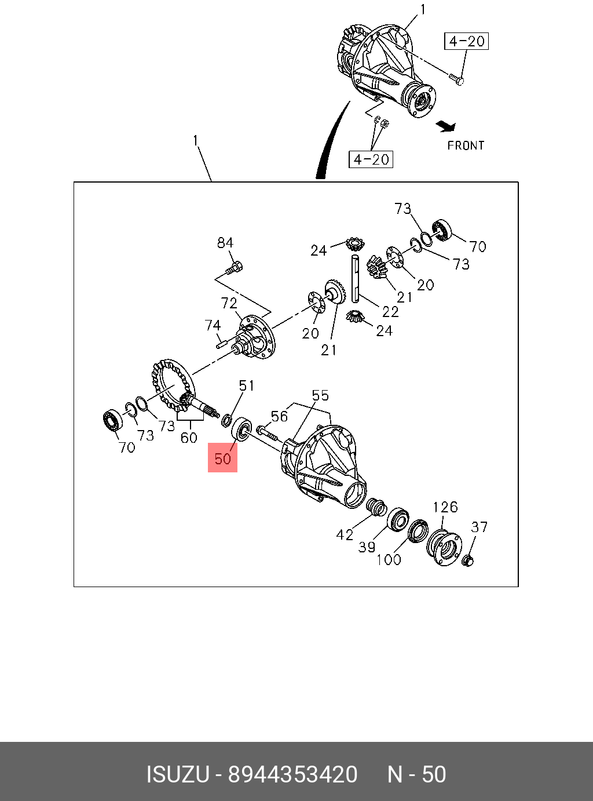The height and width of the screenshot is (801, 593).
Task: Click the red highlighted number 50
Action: pyautogui.click(x=223, y=458)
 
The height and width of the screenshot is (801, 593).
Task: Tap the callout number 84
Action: pyautogui.click(x=225, y=243)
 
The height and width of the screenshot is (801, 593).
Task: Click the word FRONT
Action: pyautogui.click(x=466, y=145)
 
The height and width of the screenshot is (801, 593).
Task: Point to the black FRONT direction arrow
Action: pyautogui.click(x=446, y=125)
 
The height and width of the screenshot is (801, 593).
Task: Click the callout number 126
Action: pyautogui.click(x=445, y=507)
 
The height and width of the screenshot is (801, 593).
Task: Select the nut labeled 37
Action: pyautogui.click(x=468, y=560)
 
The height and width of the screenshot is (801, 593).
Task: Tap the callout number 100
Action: pyautogui.click(x=389, y=559)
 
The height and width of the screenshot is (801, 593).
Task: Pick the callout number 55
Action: pyautogui.click(x=320, y=395)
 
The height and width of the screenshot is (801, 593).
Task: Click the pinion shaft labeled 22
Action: pyautogui.click(x=355, y=278)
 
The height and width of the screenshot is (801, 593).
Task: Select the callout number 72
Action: pyautogui.click(x=229, y=303)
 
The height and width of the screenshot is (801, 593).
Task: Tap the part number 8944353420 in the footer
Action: pyautogui.click(x=293, y=774)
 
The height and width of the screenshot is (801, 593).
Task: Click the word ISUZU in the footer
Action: pyautogui.click(x=177, y=774)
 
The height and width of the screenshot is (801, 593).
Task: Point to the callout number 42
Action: pyautogui.click(x=345, y=534)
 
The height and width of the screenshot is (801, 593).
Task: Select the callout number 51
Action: pyautogui.click(x=247, y=385)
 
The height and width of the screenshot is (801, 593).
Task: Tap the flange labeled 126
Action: pyautogui.click(x=444, y=545)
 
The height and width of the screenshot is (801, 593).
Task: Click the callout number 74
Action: pyautogui.click(x=213, y=326)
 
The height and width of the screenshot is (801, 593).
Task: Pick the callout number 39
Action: pyautogui.click(x=367, y=547)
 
